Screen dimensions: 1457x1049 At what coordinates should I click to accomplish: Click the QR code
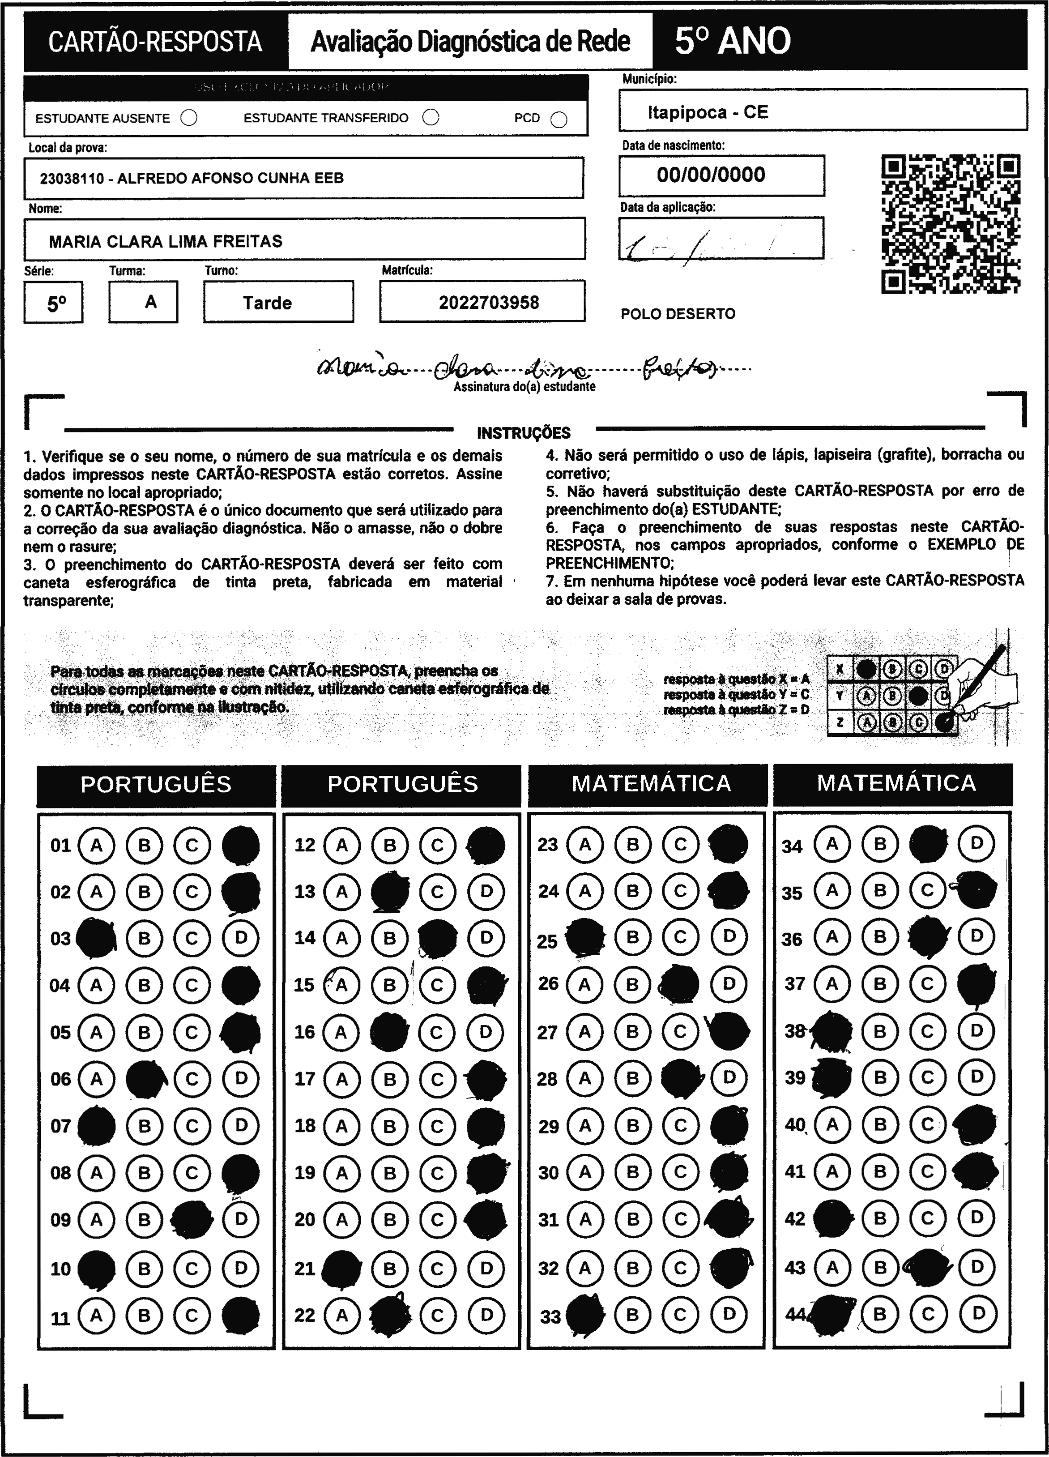click(951, 223)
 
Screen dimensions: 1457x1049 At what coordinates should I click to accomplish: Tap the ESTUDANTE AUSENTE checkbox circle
click(189, 118)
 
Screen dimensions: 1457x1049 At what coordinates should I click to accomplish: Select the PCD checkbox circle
click(559, 120)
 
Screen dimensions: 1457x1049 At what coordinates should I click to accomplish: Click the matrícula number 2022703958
click(489, 303)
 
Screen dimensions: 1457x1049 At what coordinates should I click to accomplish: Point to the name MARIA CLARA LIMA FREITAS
click(166, 242)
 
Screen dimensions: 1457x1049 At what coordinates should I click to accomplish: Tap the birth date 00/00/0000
click(711, 175)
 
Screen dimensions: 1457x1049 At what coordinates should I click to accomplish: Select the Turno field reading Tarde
click(267, 303)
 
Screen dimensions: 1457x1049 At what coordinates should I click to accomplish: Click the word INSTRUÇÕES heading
click(524, 433)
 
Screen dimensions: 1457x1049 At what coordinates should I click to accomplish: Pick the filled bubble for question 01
click(240, 845)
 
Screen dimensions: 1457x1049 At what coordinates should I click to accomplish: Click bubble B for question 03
click(144, 939)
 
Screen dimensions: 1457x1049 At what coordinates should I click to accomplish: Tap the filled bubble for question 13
click(390, 892)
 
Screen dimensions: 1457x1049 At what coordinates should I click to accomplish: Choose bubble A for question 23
click(584, 844)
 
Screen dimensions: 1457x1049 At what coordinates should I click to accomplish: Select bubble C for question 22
click(438, 1316)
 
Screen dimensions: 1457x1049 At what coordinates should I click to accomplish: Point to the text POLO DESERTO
click(678, 314)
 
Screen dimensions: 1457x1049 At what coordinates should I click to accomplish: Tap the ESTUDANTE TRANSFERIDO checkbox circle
click(431, 118)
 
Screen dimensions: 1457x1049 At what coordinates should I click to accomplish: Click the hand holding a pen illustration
click(982, 684)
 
